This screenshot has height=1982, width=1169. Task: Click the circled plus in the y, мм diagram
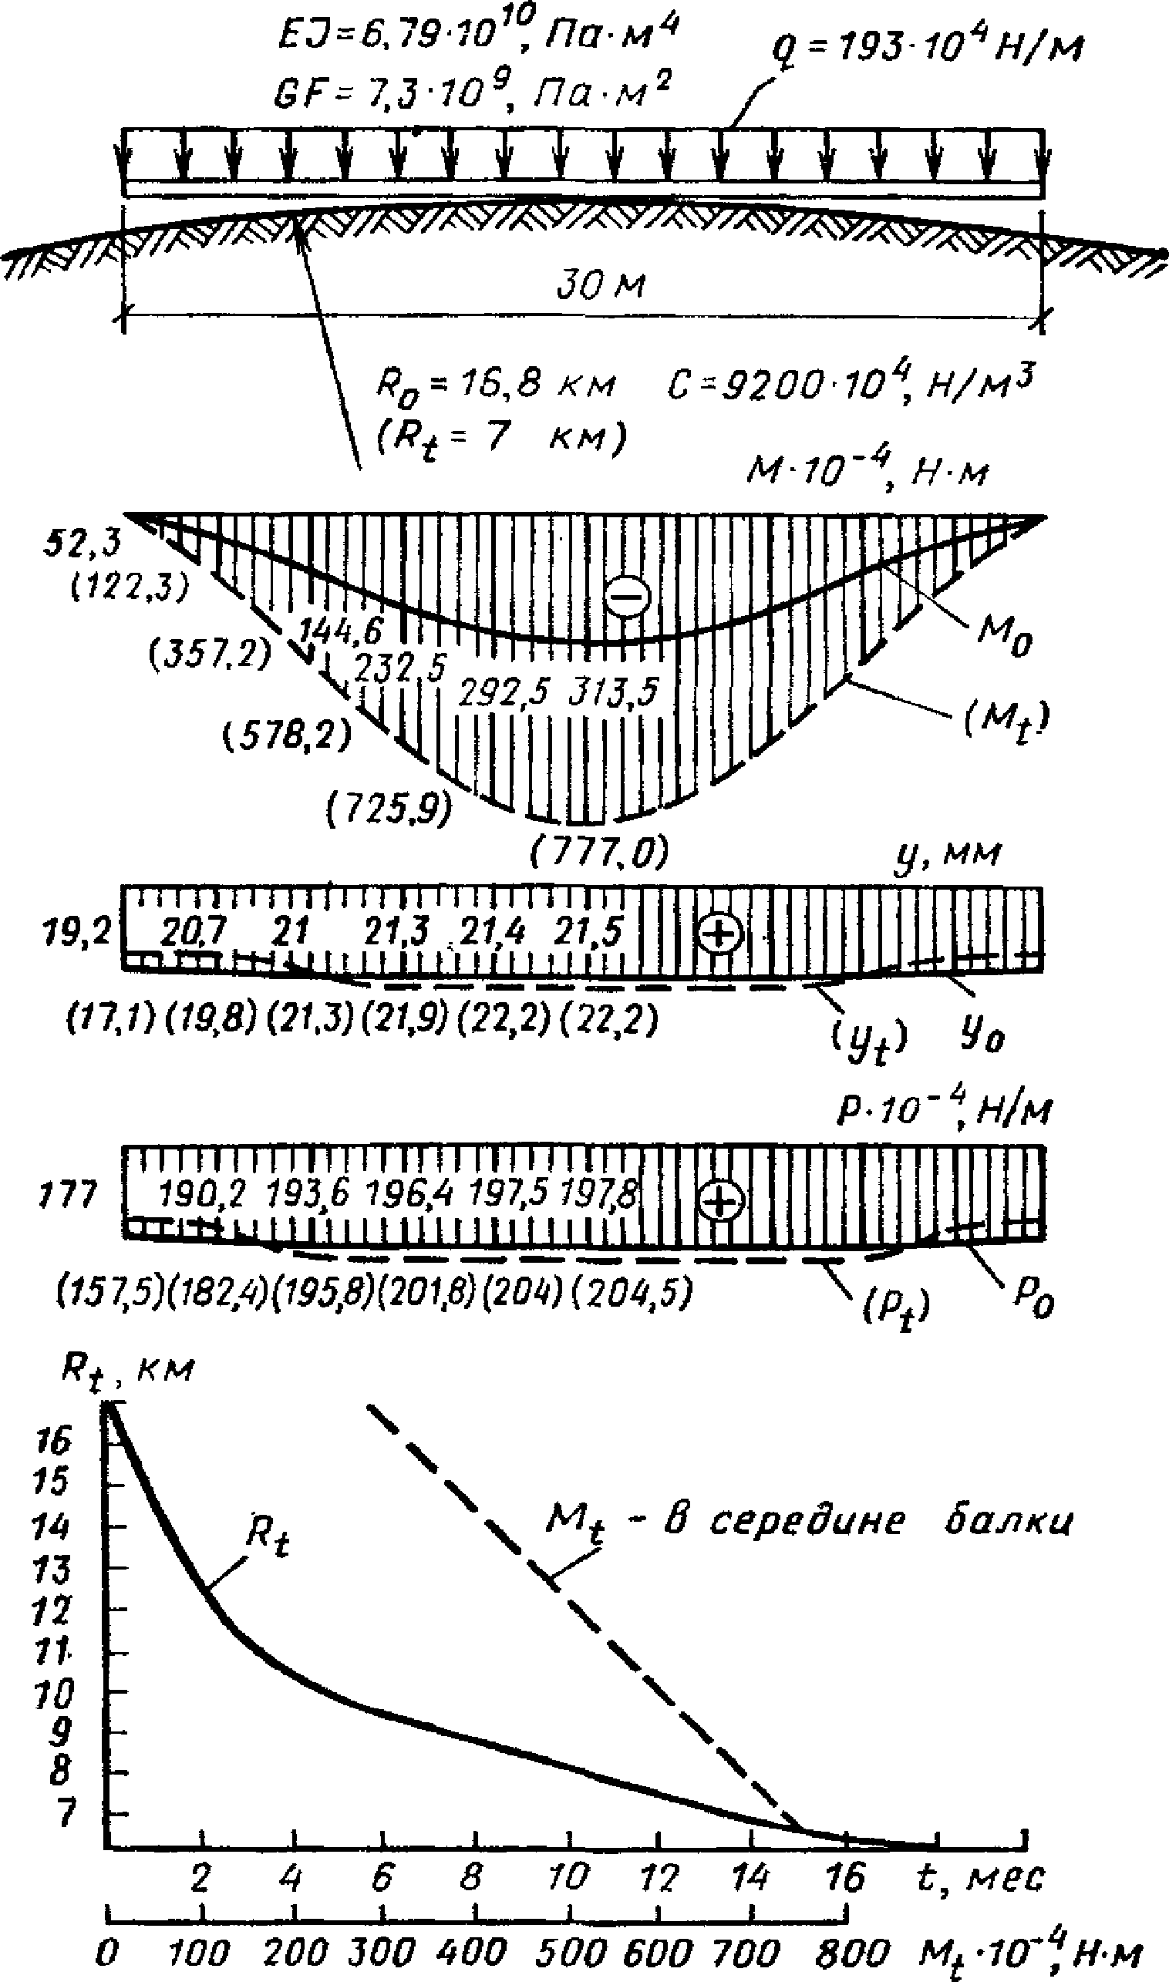coord(721,933)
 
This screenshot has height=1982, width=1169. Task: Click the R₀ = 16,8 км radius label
coord(494,387)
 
